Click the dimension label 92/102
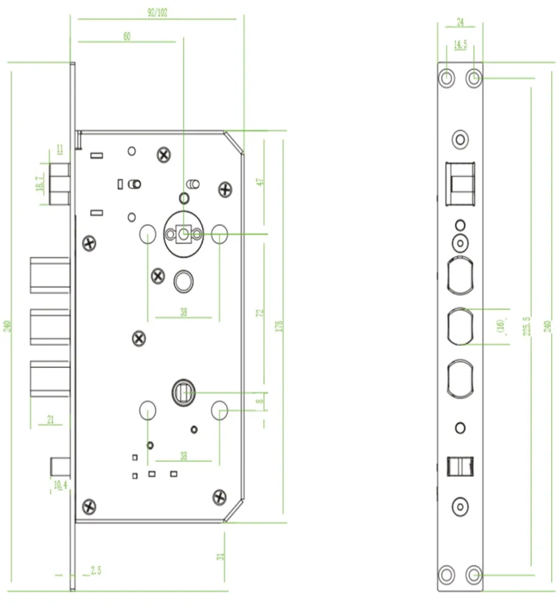coord(158,13)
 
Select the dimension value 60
coord(127,37)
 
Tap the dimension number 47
coord(260,182)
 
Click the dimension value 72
coord(260,313)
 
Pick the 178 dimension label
coord(279,326)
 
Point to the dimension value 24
coord(460,24)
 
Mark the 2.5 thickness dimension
coord(96,571)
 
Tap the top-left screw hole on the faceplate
coord(447,77)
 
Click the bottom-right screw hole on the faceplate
coord(474,574)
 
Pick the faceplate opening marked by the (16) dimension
coord(460,326)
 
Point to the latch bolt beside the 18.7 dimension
coord(60,183)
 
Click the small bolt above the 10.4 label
coord(60,467)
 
